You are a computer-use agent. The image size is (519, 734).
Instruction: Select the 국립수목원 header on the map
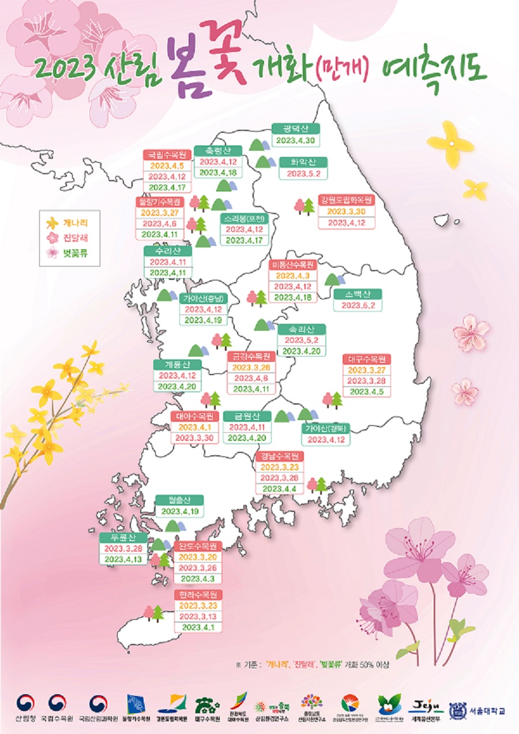(x=167, y=155)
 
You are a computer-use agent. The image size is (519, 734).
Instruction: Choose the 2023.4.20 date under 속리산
(x=301, y=351)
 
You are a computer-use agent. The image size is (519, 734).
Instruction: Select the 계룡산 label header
(x=177, y=365)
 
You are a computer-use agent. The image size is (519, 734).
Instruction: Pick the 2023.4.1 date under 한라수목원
(x=198, y=627)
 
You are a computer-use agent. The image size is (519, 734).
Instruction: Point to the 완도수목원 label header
(x=198, y=546)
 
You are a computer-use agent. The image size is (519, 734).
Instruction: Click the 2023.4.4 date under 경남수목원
(x=279, y=489)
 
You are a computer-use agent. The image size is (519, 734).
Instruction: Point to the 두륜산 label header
(x=123, y=537)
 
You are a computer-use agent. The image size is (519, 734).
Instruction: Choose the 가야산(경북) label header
(x=326, y=428)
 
